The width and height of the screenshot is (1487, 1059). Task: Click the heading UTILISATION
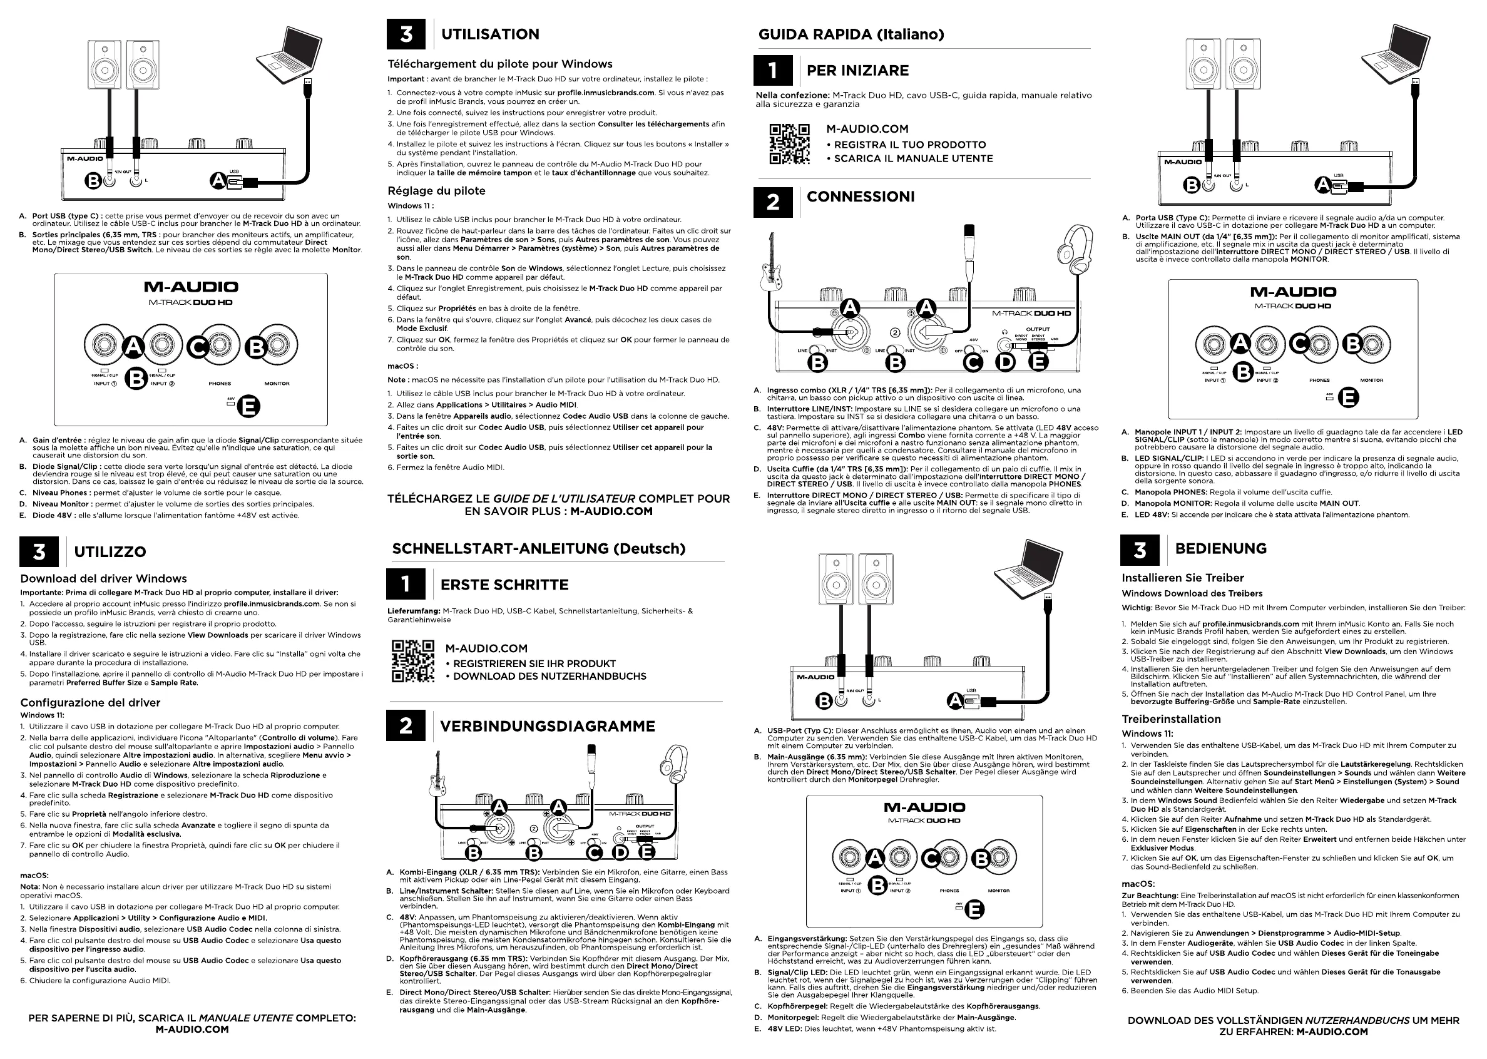click(489, 34)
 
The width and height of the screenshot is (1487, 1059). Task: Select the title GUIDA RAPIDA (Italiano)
click(851, 34)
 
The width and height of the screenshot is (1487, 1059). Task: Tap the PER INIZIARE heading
click(857, 71)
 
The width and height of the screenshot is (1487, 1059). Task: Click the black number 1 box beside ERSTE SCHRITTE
click(406, 583)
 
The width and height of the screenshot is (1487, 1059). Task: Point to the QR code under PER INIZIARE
click(789, 143)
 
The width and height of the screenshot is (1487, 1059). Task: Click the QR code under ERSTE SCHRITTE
click(412, 661)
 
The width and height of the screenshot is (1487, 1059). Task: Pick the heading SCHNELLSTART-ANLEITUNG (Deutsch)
click(538, 549)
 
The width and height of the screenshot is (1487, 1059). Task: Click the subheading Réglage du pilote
click(436, 191)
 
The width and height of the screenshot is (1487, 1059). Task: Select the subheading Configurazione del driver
click(90, 702)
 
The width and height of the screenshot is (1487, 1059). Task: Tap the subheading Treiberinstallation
click(1171, 719)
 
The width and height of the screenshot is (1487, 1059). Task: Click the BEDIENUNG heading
click(1220, 548)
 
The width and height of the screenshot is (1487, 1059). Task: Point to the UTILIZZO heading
click(110, 551)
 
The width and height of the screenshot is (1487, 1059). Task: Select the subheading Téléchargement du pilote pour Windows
click(500, 64)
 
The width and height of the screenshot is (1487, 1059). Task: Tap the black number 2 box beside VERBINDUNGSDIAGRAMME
click(406, 725)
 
